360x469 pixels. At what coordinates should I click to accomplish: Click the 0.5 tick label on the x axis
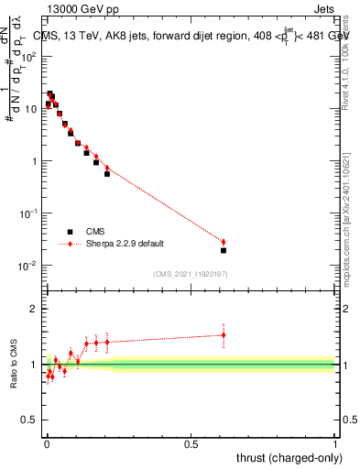[191, 442]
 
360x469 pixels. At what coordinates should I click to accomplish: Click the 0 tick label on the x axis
[47, 442]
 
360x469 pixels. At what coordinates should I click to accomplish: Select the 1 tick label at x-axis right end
[334, 442]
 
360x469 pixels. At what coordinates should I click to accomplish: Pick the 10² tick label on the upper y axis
[30, 57]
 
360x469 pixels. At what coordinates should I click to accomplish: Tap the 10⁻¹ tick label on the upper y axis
[30, 213]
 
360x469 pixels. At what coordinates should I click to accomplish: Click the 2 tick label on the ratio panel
[35, 310]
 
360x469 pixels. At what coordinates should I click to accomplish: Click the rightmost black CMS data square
[224, 250]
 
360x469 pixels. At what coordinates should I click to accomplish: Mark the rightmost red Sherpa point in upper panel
[224, 242]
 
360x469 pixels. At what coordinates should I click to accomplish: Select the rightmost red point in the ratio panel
[224, 334]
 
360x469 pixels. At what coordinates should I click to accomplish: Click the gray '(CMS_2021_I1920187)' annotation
[191, 274]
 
